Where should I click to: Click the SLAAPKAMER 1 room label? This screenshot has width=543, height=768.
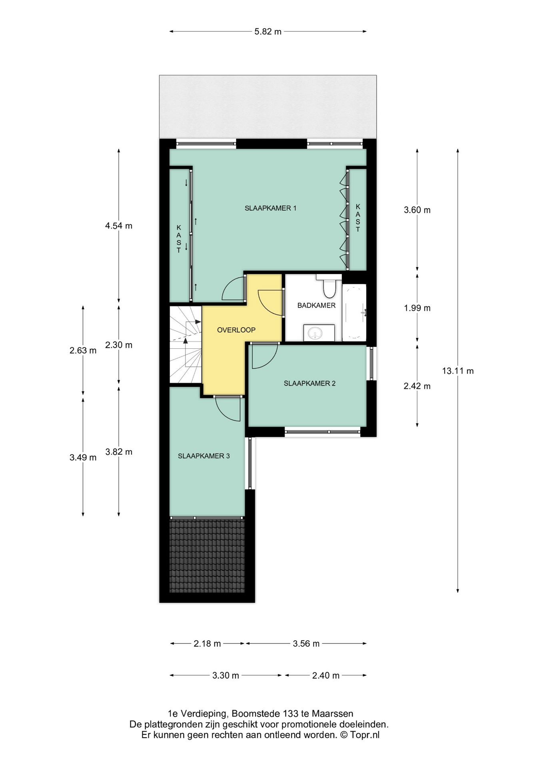point(270,208)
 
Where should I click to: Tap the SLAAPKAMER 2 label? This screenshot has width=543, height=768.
point(309,383)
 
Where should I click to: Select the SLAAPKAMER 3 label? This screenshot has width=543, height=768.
point(204,456)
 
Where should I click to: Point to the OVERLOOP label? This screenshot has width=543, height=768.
point(236,330)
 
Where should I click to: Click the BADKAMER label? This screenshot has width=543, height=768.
point(316,305)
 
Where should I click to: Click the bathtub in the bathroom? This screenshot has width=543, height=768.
point(354,312)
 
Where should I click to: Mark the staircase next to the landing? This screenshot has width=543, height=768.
point(186,345)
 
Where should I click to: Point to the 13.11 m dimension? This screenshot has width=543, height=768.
point(458,371)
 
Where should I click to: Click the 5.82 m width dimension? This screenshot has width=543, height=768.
point(268,32)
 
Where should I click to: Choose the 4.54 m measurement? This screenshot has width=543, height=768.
point(119,226)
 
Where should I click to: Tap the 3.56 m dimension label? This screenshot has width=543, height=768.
point(306,644)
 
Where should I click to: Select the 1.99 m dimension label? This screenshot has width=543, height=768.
point(417,308)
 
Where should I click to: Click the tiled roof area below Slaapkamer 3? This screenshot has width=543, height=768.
point(207,556)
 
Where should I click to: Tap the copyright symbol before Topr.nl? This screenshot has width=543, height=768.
point(344,735)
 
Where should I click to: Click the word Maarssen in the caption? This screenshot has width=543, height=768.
point(333,714)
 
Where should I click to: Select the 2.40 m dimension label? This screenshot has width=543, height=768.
point(326,676)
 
